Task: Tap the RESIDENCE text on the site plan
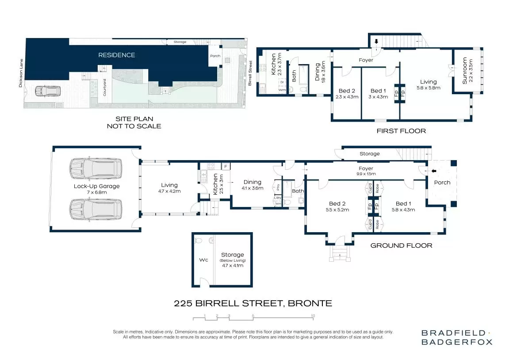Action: [x=116, y=55]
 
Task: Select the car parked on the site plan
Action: [x=47, y=91]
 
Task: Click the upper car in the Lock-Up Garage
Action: [x=95, y=169]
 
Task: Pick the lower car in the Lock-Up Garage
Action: [x=95, y=209]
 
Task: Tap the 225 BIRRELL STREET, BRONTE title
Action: [x=253, y=303]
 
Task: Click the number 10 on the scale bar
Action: [x=313, y=316]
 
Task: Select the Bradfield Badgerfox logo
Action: [x=456, y=337]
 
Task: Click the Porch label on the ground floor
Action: [x=442, y=182]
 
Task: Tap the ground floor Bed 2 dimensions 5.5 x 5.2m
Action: [x=337, y=210]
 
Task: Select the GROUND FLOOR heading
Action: [x=401, y=245]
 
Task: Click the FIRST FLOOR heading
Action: [x=401, y=131]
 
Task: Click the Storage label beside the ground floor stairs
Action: [x=369, y=154]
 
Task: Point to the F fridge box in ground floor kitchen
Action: [x=226, y=166]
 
